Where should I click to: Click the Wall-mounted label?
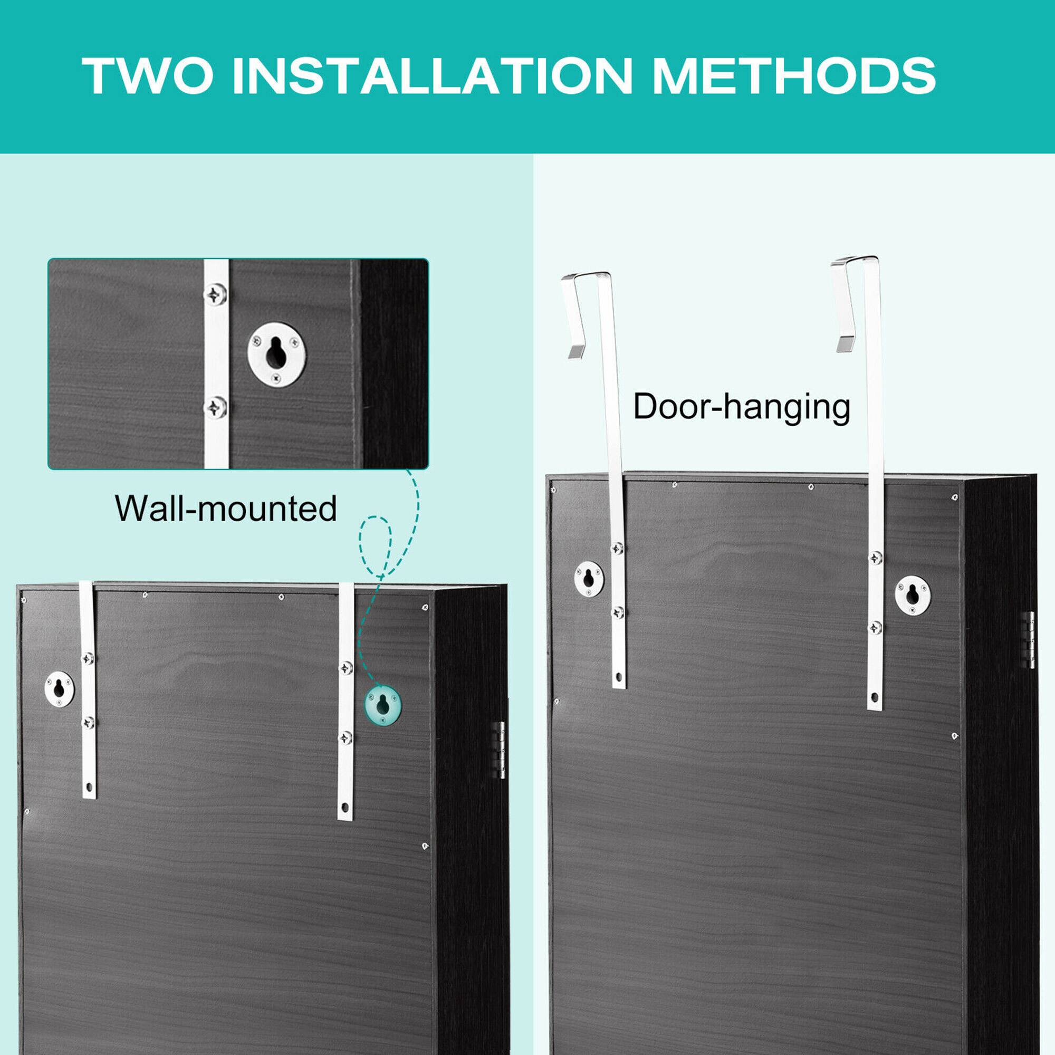pos(226,509)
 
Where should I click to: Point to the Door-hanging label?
pos(742,407)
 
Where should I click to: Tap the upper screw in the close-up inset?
pos(216,295)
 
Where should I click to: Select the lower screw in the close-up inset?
pos(216,407)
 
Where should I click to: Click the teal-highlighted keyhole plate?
pos(382,705)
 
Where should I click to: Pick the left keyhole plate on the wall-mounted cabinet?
pos(59,688)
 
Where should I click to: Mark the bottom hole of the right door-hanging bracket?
pos(875,698)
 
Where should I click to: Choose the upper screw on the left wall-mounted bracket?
pos(88,658)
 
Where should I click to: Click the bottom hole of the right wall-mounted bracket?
pos(344,807)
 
